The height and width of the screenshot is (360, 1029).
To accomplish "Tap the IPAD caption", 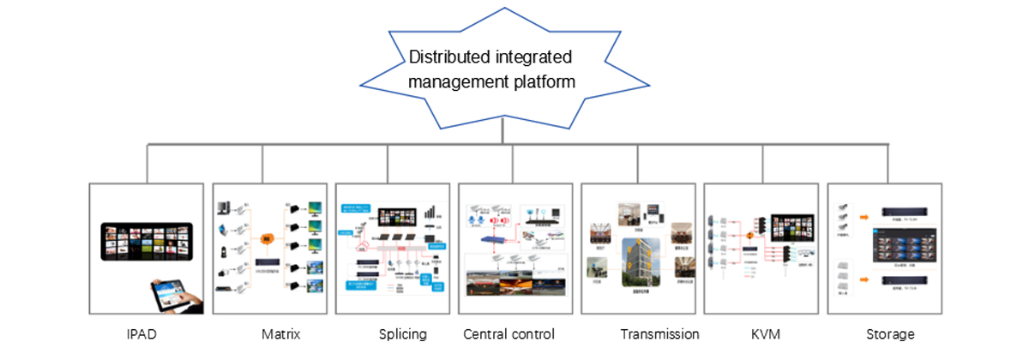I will (x=140, y=334).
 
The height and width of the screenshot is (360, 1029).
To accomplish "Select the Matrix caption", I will (x=281, y=334).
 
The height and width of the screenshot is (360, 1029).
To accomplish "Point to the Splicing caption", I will (x=402, y=334).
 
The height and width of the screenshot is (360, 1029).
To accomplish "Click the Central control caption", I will (x=508, y=334).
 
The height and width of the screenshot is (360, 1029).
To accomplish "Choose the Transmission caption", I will (x=659, y=334).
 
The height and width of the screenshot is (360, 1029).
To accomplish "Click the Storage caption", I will (x=890, y=334).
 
